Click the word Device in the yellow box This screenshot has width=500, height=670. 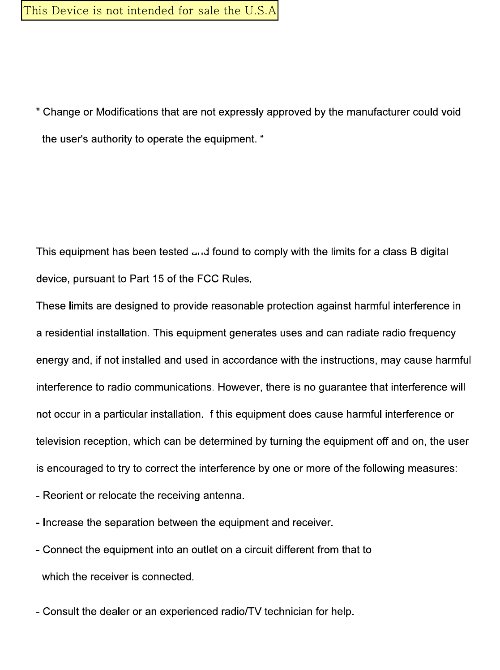pos(70,11)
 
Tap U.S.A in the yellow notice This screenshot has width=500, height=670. pos(261,11)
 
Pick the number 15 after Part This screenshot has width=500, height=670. pos(158,279)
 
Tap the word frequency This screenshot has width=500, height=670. pos(432,333)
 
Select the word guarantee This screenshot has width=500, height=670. pos(342,387)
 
